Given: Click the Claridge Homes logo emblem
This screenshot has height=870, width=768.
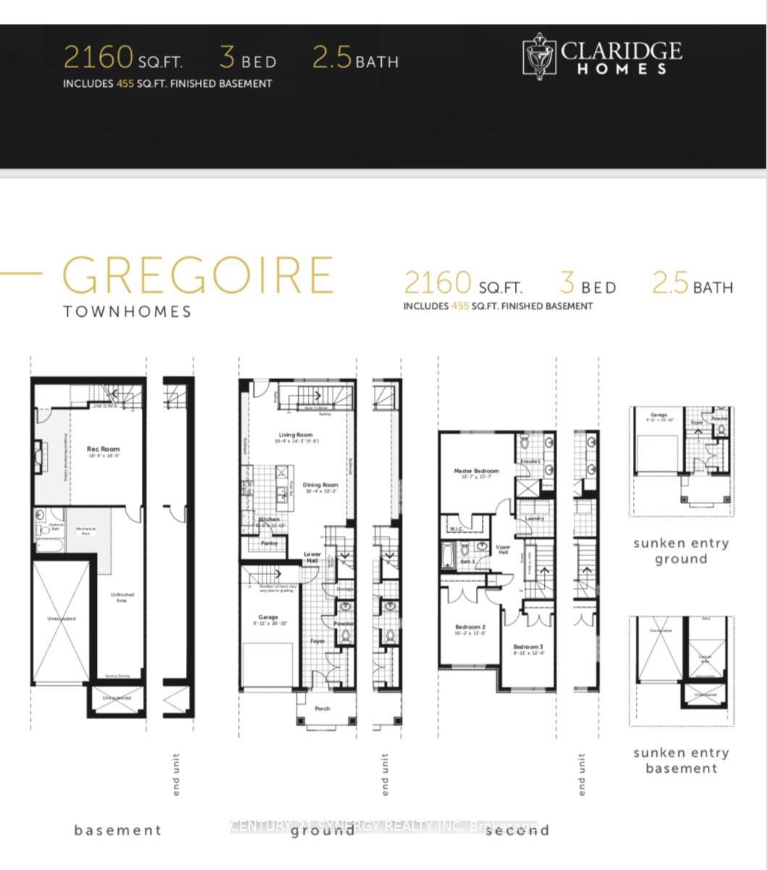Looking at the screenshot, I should coord(540,56).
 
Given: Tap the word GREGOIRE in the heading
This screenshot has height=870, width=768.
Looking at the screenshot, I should coord(197,275).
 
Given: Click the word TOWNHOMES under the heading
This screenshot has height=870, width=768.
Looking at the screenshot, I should coord(127,312).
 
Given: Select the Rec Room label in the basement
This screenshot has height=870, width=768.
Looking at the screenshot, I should coord(103,449).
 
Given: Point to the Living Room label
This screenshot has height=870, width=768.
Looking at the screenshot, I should coord(295,436).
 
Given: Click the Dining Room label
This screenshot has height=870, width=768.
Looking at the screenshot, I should coord(320,485).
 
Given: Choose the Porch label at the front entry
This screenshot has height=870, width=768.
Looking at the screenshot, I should coord(322,708).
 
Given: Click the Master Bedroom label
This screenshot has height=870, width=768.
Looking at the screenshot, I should coord(476,471).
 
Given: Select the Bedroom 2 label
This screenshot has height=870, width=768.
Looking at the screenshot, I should coord(469,627).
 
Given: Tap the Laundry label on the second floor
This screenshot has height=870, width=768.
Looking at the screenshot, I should coord(535,518).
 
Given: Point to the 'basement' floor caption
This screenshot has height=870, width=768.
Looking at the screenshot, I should coord(117,830).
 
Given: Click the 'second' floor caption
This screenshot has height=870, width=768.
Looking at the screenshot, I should coord(517,830).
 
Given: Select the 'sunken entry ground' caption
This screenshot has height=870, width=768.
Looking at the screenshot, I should coord(681,551).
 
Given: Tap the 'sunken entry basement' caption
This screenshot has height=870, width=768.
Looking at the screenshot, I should coord(681,761).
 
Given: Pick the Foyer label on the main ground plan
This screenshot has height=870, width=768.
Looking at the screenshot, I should coord(317,641).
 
